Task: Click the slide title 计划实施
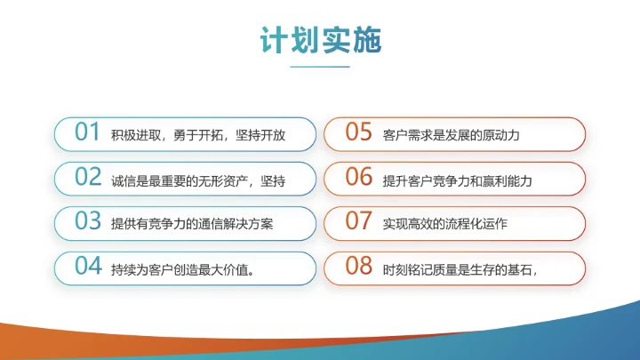click(x=320, y=40)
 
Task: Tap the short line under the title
click(x=320, y=66)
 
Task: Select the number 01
click(x=87, y=132)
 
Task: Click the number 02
click(x=87, y=177)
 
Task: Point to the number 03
click(x=87, y=221)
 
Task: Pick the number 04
click(x=87, y=266)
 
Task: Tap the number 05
click(x=358, y=132)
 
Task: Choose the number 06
click(x=358, y=177)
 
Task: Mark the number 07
click(x=358, y=221)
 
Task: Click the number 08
click(x=358, y=266)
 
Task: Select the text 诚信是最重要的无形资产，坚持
click(x=198, y=180)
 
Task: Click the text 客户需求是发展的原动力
click(x=451, y=135)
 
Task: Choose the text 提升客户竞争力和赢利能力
click(x=457, y=180)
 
